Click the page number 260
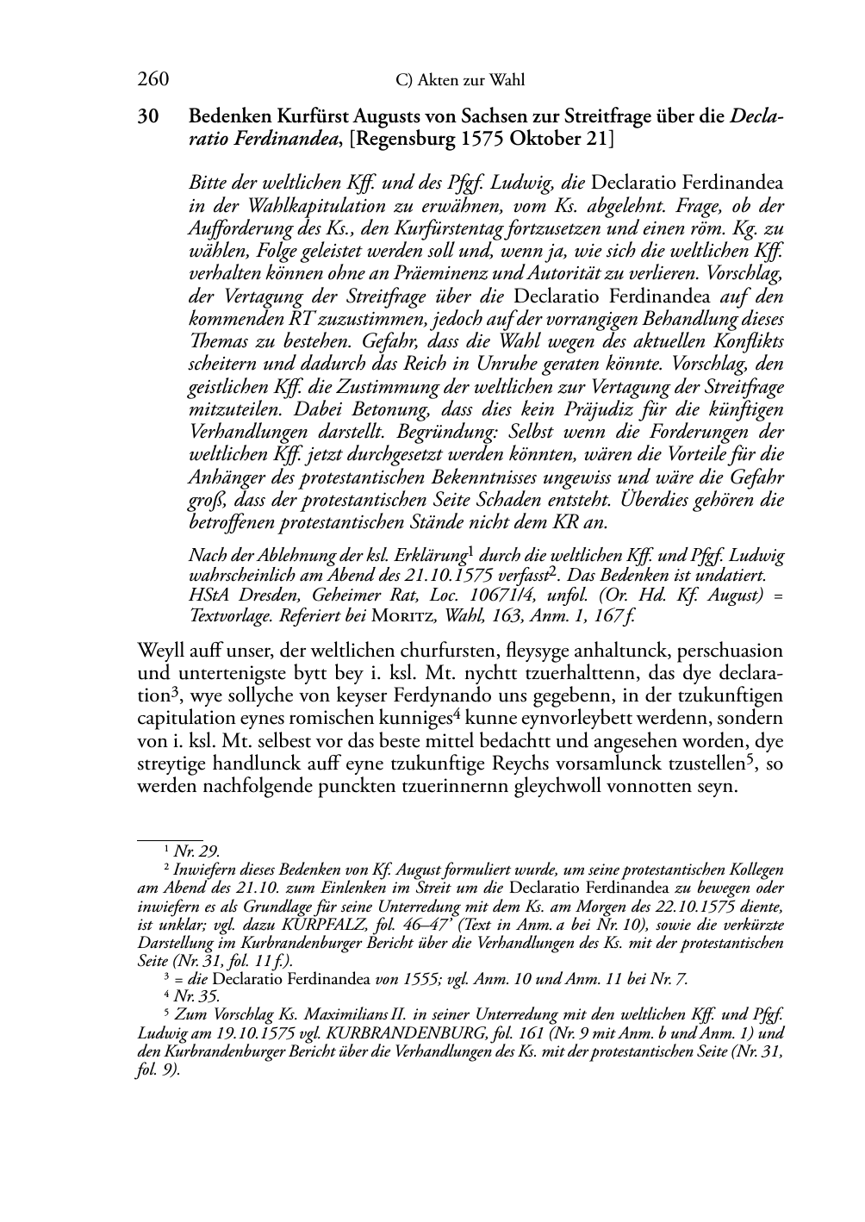[152, 80]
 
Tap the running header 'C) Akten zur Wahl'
[460, 81]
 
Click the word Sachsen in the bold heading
[506, 116]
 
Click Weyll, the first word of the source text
[159, 651]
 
